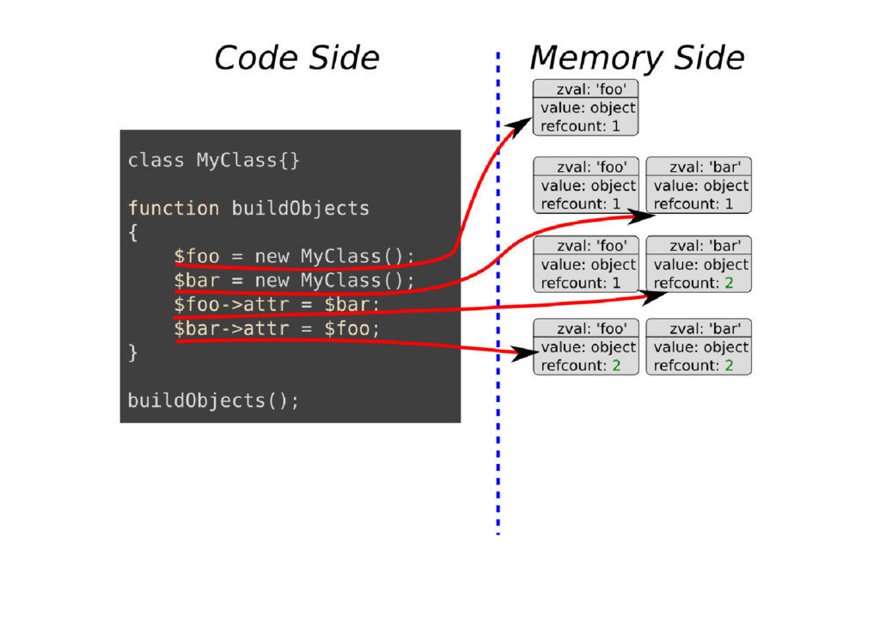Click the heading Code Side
tap(296, 58)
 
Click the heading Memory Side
tap(637, 58)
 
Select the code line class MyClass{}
tap(214, 160)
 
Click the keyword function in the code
tap(174, 208)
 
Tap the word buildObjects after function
tap(300, 208)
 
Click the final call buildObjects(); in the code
tap(214, 400)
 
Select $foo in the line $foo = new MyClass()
tap(197, 256)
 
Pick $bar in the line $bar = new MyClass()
tap(197, 280)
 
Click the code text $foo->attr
tap(231, 304)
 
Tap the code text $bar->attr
tap(231, 328)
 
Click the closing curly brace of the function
tap(132, 352)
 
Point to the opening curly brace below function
tap(132, 232)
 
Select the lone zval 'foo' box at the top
tap(586, 107)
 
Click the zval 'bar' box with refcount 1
tap(699, 185)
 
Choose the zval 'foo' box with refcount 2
tap(586, 346)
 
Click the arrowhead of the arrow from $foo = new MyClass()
tap(520, 125)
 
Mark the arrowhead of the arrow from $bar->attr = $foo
tap(522, 353)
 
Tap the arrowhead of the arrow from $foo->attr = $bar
tap(657, 296)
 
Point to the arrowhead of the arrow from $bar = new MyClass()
tap(636, 214)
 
